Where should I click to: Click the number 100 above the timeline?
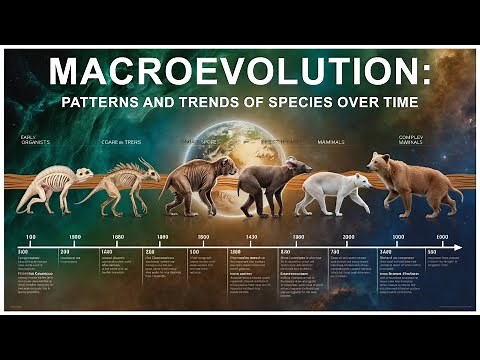coord(31,237)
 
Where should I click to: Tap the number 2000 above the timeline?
coord(349,237)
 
